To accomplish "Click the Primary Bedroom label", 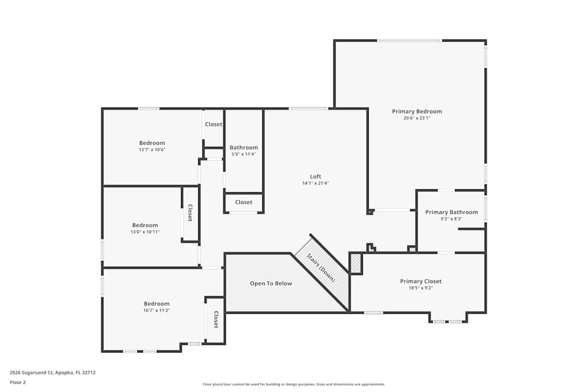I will tap(417, 111).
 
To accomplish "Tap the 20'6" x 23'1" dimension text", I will tap(417, 118).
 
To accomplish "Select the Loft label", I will tap(316, 176).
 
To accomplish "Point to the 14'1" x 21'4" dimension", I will tap(316, 183).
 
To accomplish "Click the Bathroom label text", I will tap(243, 148).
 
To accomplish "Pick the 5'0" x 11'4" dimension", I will tap(243, 155).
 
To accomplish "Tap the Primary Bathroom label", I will tap(452, 212).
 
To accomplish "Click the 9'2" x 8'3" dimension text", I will tap(452, 219).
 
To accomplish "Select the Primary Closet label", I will tap(421, 281).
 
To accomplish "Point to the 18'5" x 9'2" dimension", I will tap(421, 288).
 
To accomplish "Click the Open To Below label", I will tap(271, 283).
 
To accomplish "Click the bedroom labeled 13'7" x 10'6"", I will tap(152, 150).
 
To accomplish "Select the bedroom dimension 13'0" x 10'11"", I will tap(145, 232).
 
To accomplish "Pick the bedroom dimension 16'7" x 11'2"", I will tap(157, 310).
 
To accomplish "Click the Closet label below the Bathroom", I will tap(243, 202).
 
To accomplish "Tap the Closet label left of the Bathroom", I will tap(213, 124).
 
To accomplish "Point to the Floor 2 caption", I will tap(18, 382).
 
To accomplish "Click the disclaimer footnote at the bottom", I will tap(294, 384).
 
